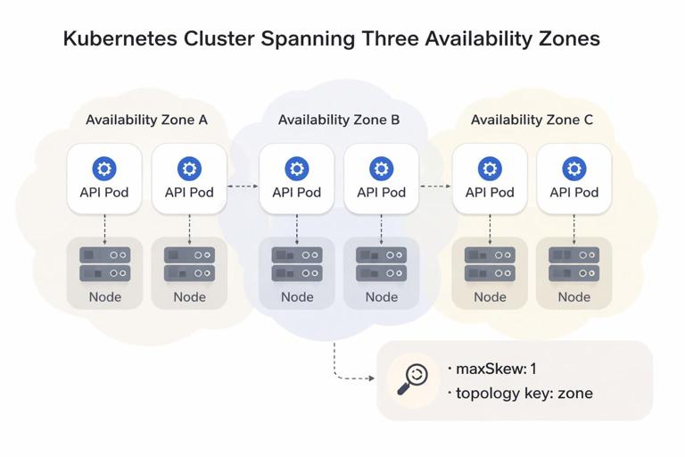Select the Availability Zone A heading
click(146, 120)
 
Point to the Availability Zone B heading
click(339, 120)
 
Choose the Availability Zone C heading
click(532, 120)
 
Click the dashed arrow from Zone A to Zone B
click(243, 187)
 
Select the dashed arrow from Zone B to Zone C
click(435, 187)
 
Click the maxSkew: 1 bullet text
click(497, 369)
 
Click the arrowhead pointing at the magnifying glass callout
click(370, 378)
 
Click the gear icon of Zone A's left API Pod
click(104, 168)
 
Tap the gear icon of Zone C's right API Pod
click(574, 168)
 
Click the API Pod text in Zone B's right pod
click(381, 192)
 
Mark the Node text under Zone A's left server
click(104, 297)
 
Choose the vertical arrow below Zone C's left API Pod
click(490, 227)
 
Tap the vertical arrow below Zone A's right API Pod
click(189, 227)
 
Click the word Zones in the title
click(565, 39)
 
